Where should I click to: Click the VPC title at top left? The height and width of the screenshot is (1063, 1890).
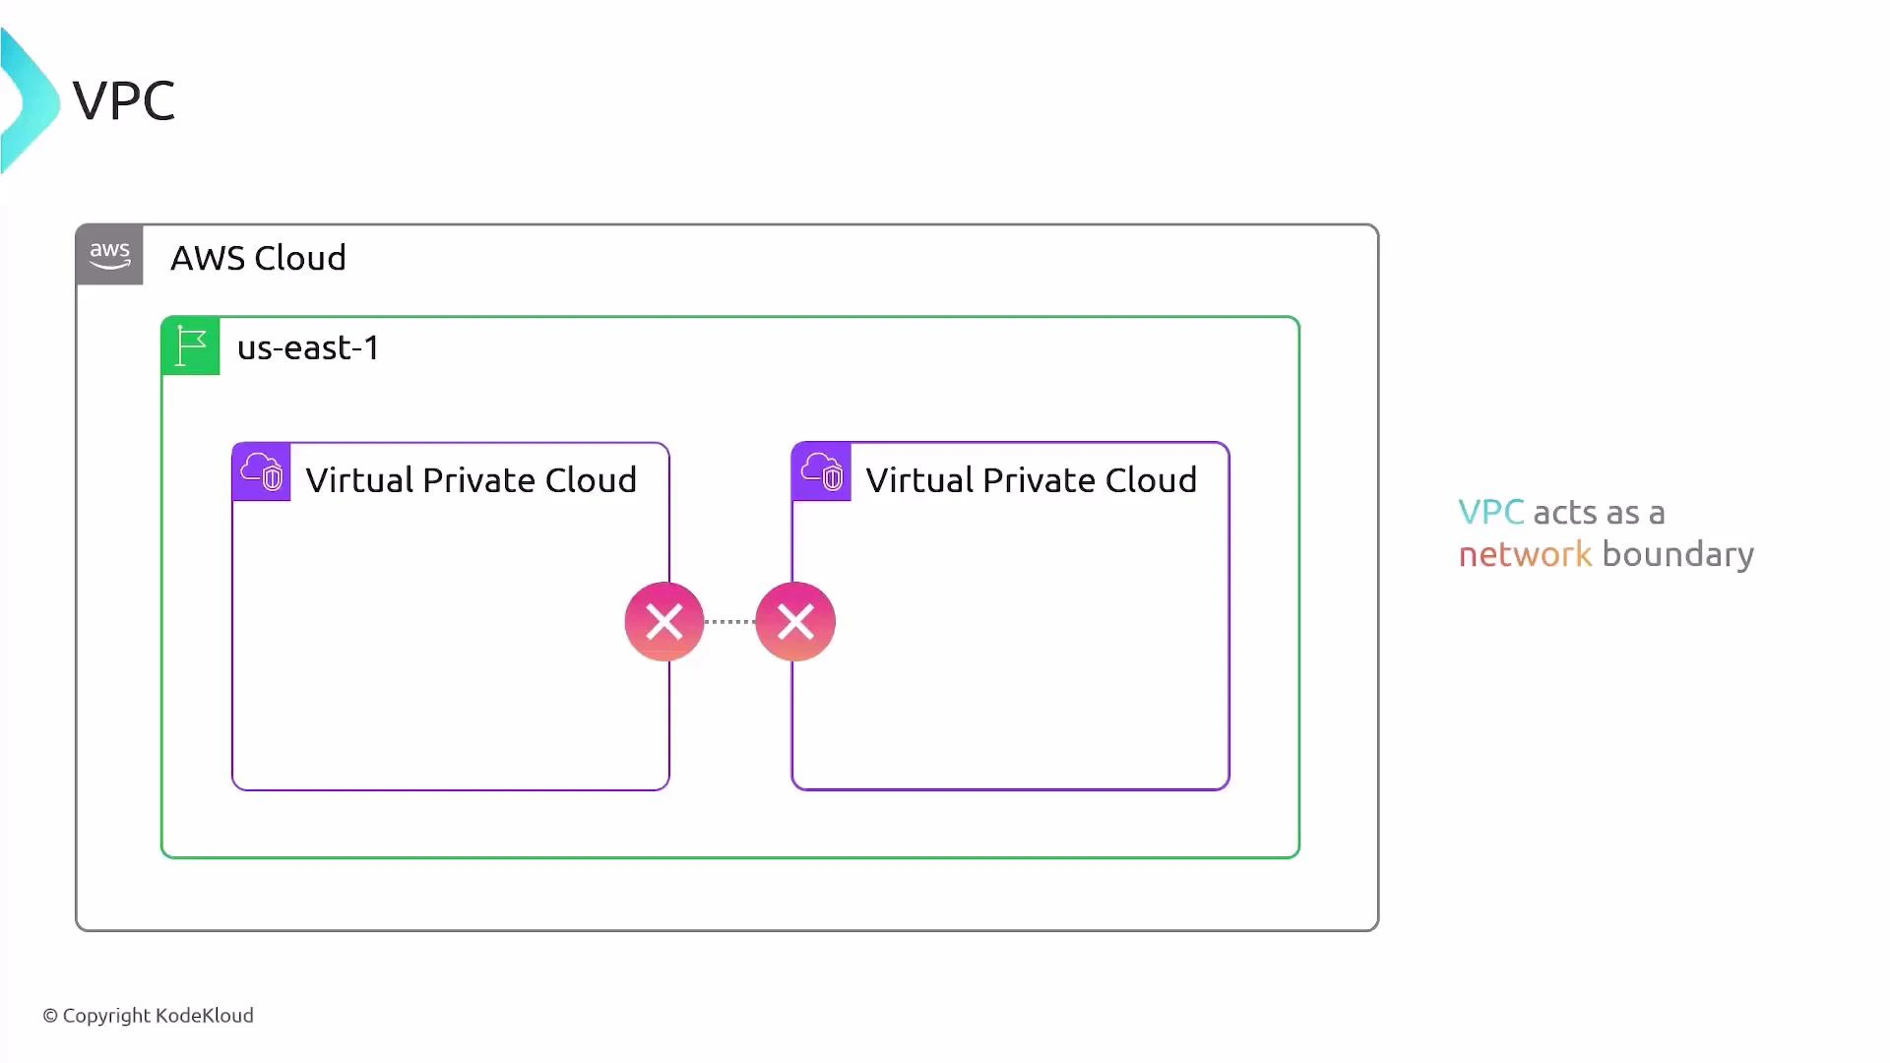pos(124,100)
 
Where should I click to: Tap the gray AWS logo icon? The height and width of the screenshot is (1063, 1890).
pos(109,256)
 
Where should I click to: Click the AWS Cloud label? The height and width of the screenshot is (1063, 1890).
pos(258,258)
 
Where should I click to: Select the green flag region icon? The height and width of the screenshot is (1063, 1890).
pos(191,346)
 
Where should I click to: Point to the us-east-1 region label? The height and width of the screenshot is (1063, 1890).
pos(308,347)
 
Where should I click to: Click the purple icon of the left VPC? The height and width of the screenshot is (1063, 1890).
pos(262,472)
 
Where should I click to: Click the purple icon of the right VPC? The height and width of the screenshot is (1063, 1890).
pos(822,472)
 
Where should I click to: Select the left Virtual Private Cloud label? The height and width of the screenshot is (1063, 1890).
pos(471,480)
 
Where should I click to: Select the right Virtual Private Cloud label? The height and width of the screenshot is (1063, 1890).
pos(1031,480)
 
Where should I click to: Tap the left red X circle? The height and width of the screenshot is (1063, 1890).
pos(664,622)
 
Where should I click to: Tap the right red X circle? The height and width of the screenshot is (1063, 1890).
pos(795,622)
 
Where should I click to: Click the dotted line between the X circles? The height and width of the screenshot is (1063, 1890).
pos(729,622)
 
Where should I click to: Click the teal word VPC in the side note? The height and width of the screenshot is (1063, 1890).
pos(1490,512)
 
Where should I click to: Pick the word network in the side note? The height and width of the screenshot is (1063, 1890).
pos(1525,554)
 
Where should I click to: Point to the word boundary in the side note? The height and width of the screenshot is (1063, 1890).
pos(1677,555)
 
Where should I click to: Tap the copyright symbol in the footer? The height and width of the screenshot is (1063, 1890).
pos(50,1016)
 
